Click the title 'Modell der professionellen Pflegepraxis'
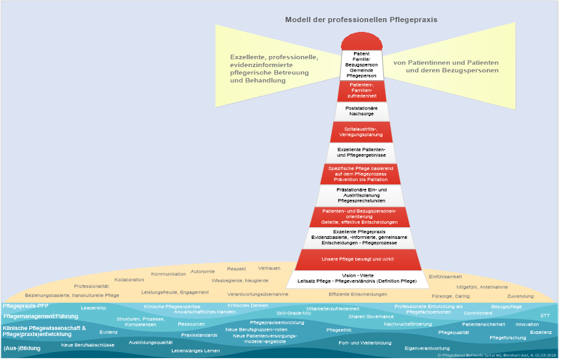tap(361, 20)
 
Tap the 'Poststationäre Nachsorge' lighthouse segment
tap(361, 110)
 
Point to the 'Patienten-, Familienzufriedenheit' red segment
tap(361, 90)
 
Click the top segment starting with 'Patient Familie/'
tap(361, 64)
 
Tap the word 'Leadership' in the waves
tap(93, 307)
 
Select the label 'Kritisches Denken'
tap(247, 305)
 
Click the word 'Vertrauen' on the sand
tap(269, 268)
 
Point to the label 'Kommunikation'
tap(169, 274)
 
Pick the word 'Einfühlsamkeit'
tap(445, 277)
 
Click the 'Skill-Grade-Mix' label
tap(293, 313)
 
